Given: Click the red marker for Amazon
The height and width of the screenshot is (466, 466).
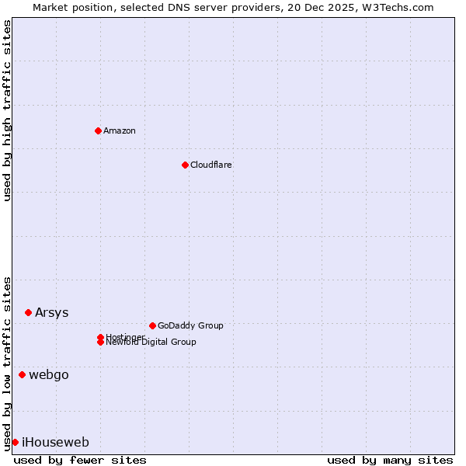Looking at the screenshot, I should (98, 130).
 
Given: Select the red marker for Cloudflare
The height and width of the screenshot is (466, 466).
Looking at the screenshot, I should (185, 165).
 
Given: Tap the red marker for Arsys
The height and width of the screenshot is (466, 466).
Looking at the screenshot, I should (28, 312).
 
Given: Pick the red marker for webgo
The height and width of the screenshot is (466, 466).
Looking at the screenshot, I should (22, 374).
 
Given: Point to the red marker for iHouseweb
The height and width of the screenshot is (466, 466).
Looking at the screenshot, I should (15, 442).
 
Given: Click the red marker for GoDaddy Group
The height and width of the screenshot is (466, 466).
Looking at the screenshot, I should (152, 325).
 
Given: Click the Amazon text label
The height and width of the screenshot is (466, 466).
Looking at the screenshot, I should (120, 130).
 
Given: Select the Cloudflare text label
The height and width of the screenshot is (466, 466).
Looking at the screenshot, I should (211, 165).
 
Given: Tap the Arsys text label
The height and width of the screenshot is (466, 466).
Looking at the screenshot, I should (51, 312).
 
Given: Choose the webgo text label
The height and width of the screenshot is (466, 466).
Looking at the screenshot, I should (49, 374).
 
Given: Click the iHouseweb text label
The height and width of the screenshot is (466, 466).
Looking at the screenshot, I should (55, 442).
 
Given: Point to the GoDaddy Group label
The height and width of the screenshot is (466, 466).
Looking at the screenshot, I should (190, 325).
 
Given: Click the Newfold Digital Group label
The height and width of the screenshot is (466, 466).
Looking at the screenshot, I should (151, 343).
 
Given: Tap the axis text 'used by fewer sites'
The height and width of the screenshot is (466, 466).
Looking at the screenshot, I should (80, 460).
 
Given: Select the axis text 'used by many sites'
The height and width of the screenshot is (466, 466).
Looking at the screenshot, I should (390, 460).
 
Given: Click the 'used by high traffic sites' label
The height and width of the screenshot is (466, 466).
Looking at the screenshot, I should (7, 110).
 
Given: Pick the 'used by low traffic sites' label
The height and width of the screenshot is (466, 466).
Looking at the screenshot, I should (7, 363).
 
